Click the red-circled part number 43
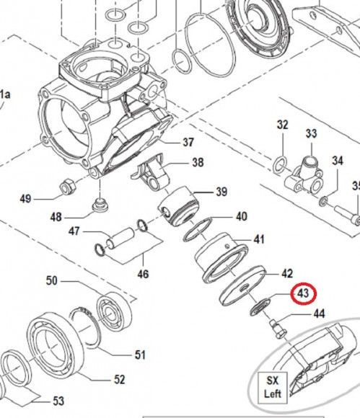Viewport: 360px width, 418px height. click(303, 293)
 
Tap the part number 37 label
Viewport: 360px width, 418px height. click(188, 142)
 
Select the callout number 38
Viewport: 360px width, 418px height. click(198, 162)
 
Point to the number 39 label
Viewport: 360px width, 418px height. click(221, 192)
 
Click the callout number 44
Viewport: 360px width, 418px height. click(319, 313)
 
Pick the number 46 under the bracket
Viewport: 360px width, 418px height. click(143, 274)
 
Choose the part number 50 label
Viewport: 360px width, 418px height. click(52, 281)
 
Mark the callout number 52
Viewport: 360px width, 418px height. click(119, 379)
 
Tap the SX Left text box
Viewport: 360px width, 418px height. click(273, 388)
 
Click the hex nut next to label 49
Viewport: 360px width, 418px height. click(66, 185)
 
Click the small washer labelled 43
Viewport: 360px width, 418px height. click(260, 307)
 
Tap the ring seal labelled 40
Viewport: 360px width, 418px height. click(198, 229)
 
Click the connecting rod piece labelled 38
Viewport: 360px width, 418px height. click(151, 171)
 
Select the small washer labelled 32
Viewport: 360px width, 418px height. click(280, 165)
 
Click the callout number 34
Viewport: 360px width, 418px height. click(338, 161)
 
